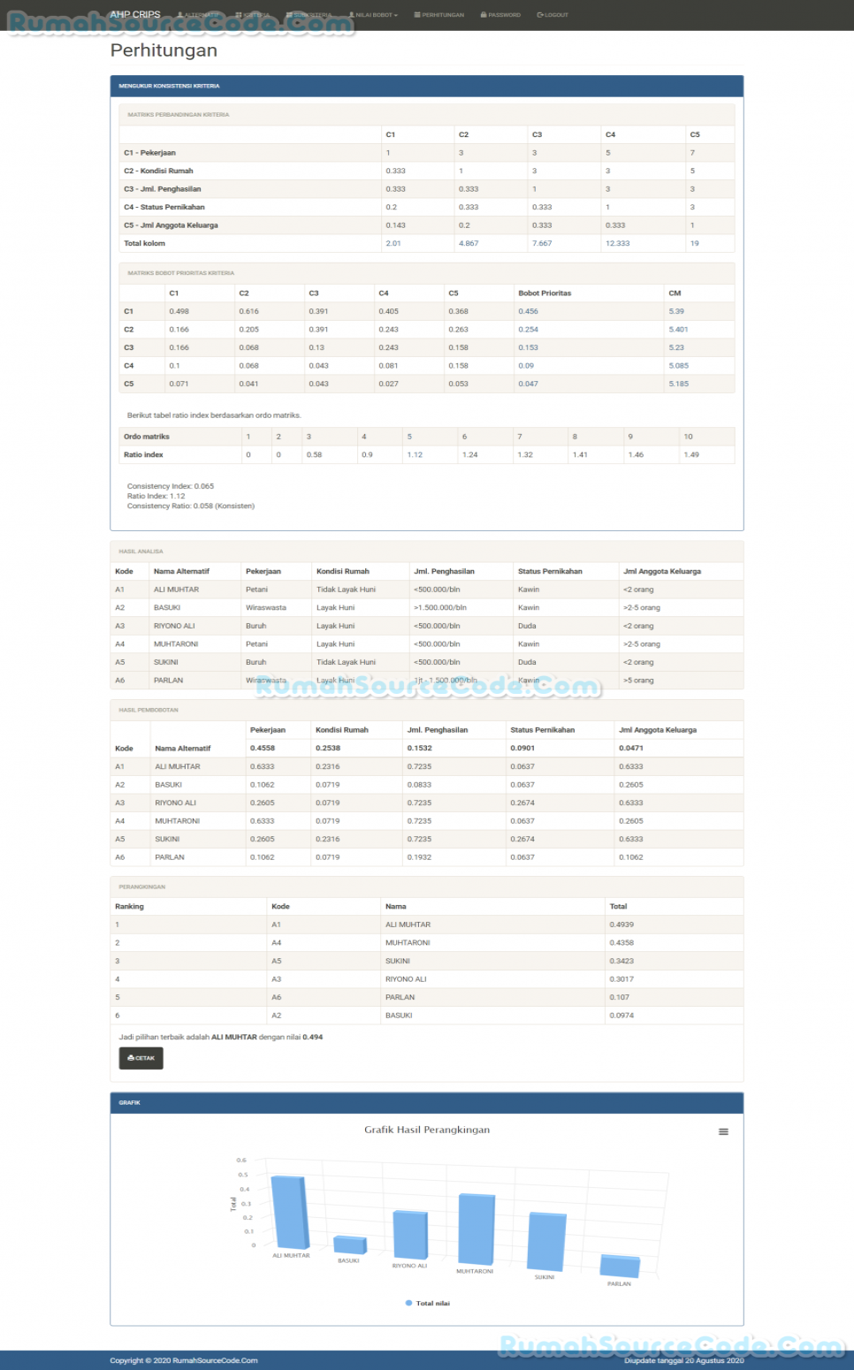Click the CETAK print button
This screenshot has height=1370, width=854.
141,1058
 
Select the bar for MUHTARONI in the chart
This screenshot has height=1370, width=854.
477,1229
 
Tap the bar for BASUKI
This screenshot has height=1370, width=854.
350,1244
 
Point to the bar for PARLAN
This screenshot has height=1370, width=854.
620,1266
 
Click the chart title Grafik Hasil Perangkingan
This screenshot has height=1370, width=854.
427,1130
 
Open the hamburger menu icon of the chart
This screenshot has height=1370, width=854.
723,1131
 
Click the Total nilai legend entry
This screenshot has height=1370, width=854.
428,1303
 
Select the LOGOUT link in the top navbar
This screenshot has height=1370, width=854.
553,15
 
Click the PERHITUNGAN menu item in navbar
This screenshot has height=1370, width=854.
439,15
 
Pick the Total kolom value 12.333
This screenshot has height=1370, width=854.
618,243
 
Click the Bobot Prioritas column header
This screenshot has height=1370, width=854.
545,293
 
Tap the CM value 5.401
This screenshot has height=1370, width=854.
678,330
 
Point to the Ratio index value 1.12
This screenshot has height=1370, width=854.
415,455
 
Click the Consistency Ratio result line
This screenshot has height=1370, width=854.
191,506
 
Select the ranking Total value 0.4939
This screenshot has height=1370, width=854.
621,925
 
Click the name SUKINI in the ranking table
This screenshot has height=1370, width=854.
398,961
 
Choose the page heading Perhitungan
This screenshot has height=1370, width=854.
164,50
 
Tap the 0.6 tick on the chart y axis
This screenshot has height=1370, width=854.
241,1160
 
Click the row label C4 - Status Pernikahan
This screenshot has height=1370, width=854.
164,207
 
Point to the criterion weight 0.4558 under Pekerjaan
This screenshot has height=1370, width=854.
263,748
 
